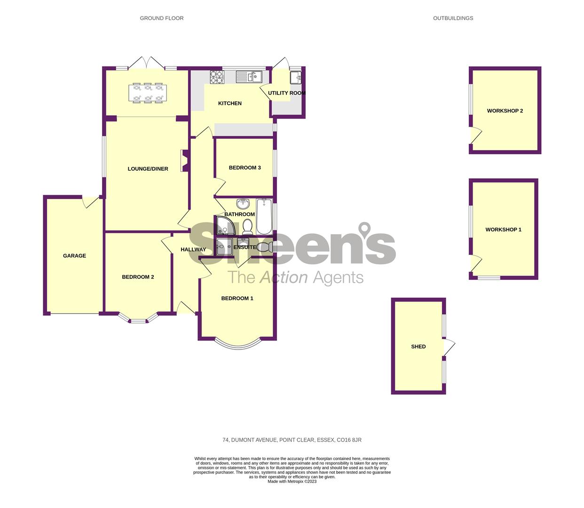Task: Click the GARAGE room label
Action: tap(74, 256)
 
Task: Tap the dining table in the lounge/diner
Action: tap(148, 92)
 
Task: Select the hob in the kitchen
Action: tap(216, 77)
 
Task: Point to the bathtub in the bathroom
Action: tap(264, 216)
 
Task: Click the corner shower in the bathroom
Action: tap(226, 226)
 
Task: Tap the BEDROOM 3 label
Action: tap(245, 168)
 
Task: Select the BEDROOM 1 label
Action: tap(237, 298)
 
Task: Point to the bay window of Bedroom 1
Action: tap(237, 345)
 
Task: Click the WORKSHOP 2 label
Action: tap(505, 111)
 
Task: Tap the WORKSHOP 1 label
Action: tap(503, 230)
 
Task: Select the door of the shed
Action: tap(449, 347)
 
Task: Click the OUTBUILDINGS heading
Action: tap(453, 18)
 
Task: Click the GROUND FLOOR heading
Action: tap(161, 18)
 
